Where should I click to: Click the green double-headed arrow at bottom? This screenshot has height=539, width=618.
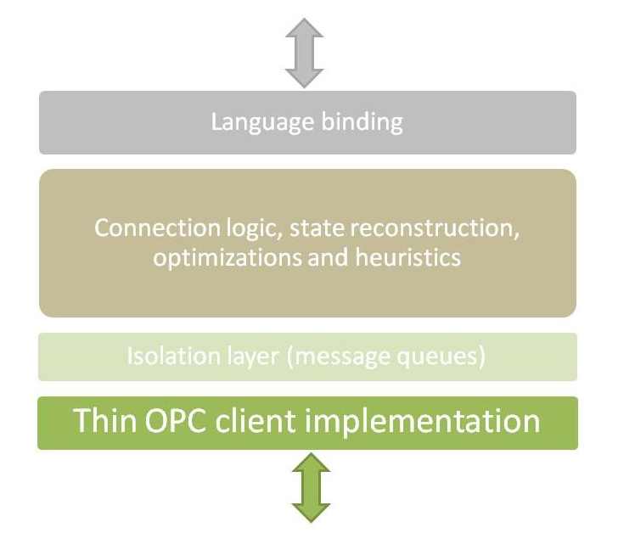311,487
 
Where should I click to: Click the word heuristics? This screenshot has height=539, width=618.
405,256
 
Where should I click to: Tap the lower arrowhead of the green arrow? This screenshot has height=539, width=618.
311,511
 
